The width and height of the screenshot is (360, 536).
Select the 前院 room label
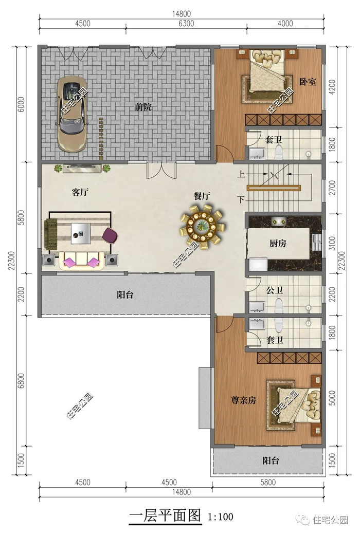point(142,107)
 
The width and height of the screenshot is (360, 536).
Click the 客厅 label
point(80,192)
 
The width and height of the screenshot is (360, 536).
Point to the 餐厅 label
point(202,196)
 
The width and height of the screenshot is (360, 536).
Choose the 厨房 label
point(278,244)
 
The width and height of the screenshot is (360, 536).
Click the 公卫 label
point(275,290)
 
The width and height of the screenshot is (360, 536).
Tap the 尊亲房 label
point(244,400)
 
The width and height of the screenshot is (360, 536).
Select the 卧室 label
point(308,82)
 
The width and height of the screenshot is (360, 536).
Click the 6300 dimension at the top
point(186,23)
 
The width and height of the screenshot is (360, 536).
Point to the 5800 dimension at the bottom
point(268,483)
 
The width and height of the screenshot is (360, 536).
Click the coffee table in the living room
point(81,233)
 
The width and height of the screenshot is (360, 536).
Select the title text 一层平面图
point(165,516)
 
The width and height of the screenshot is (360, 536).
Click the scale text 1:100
point(221,516)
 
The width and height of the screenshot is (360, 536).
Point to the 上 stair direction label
point(241,174)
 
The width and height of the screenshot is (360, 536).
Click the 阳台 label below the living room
point(125,294)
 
